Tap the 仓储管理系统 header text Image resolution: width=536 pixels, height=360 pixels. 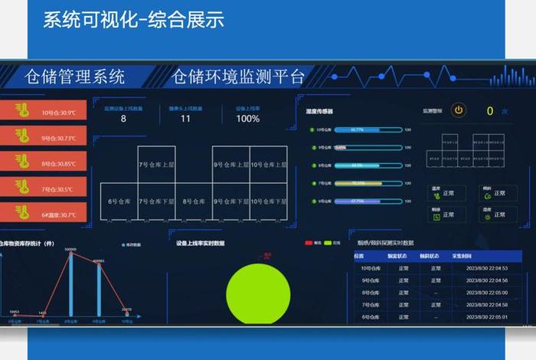coord(75,77)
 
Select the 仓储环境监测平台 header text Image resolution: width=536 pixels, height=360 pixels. coord(238,77)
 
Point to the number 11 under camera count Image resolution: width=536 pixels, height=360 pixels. coord(185,119)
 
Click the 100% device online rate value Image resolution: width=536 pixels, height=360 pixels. coord(247,119)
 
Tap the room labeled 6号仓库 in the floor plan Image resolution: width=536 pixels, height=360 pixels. coord(119,201)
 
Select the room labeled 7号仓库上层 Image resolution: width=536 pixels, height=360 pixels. coord(156,165)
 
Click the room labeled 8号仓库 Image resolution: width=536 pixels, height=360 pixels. coord(194,201)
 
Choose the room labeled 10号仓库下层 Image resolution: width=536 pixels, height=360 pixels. coord(268,201)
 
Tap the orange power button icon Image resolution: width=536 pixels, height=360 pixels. coord(458,110)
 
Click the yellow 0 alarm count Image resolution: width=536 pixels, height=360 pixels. coord(490,111)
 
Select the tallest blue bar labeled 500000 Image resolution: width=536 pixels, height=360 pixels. coord(70,283)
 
